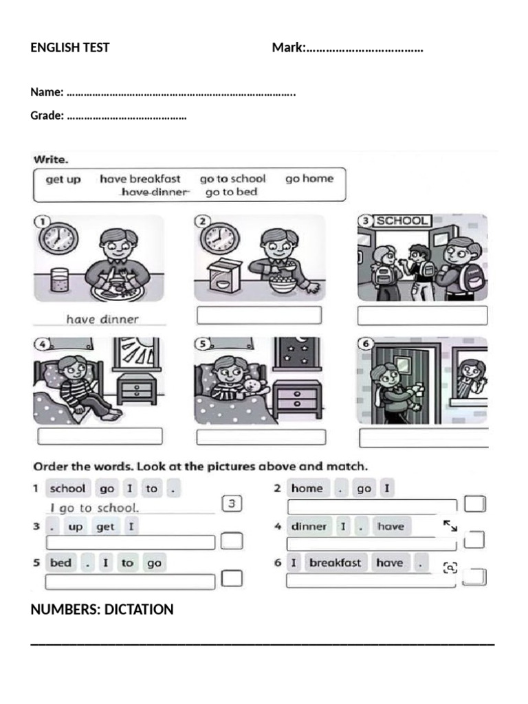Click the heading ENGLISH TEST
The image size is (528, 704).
(x=69, y=47)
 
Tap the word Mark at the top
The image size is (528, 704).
(x=287, y=47)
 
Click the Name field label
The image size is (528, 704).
(x=47, y=92)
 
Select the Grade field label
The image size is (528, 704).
(x=47, y=115)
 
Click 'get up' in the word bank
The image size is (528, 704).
(x=63, y=179)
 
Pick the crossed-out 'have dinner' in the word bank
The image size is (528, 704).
(x=154, y=192)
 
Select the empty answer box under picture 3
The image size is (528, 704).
(x=422, y=316)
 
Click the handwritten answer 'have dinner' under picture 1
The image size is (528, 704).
(x=102, y=319)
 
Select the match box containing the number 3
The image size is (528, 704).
(x=232, y=504)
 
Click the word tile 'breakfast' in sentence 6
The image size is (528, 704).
(x=335, y=562)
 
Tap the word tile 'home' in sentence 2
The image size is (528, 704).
(x=307, y=488)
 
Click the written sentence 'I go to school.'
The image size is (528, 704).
(x=95, y=508)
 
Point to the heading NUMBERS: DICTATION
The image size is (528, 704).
(x=102, y=609)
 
